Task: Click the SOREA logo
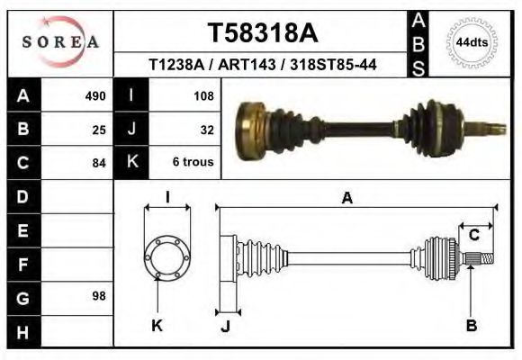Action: [60, 42]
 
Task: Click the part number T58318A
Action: [263, 32]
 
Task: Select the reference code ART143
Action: [264, 66]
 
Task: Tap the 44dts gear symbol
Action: [472, 42]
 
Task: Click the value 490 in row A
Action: [95, 95]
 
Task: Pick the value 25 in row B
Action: [99, 129]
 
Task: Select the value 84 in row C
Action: [99, 163]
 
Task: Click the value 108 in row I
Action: [203, 95]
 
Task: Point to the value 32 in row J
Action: [206, 129]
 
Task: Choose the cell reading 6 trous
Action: [193, 163]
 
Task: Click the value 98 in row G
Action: [99, 296]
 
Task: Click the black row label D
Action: [22, 196]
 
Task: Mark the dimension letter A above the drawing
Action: [346, 199]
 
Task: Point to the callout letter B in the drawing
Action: [471, 326]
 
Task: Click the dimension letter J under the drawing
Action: [225, 326]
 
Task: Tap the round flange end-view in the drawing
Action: [166, 257]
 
